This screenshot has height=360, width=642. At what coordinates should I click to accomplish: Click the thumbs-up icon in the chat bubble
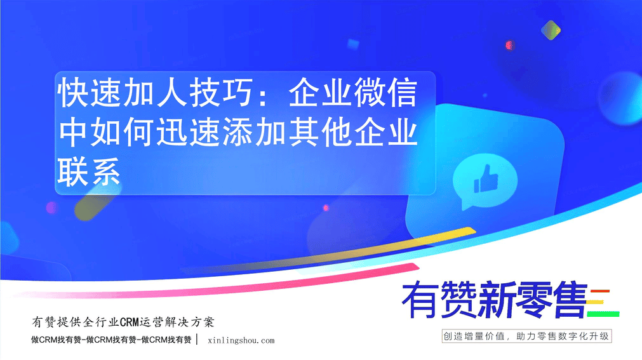[x=486, y=179]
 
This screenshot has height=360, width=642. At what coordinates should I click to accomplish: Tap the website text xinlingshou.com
[x=241, y=340]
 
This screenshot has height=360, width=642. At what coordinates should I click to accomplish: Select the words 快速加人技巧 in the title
[x=155, y=93]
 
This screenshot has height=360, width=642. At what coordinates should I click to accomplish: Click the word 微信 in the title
[x=385, y=93]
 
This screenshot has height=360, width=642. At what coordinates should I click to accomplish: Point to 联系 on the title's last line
[x=89, y=172]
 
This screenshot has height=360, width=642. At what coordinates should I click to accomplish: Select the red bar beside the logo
[x=600, y=291]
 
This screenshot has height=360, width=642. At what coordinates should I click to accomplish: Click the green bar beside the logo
[x=603, y=314]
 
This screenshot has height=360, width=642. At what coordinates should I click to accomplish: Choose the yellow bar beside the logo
[x=596, y=303]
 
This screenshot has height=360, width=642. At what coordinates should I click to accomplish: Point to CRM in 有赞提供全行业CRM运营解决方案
[x=130, y=323]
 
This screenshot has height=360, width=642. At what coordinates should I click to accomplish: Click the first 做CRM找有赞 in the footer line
[x=57, y=340]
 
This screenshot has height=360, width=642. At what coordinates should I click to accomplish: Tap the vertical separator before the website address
[x=197, y=340]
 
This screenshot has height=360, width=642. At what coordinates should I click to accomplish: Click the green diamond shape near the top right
[x=551, y=30]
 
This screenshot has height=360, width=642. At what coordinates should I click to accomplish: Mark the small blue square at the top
[x=353, y=44]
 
